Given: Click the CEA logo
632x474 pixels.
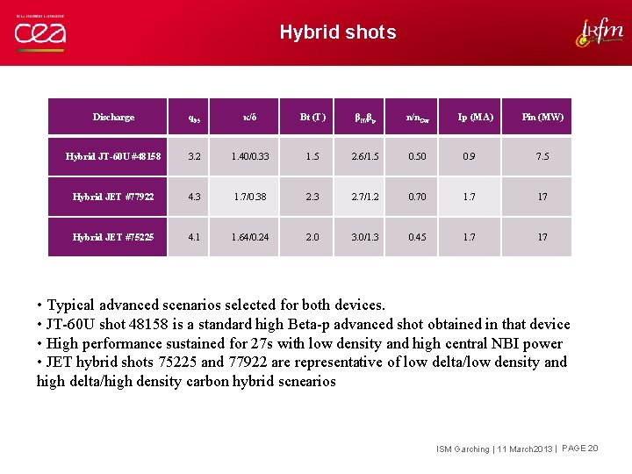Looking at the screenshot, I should point(39,32).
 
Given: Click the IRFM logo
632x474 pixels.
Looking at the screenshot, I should point(600,32).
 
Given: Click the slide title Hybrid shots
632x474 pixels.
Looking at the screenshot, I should point(338,32).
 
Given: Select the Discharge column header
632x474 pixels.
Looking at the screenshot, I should point(113,117).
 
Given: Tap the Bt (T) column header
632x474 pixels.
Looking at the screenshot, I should point(312,117).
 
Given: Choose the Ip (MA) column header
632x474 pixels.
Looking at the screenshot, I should point(476,117).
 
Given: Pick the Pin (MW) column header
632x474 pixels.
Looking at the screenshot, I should point(542,117).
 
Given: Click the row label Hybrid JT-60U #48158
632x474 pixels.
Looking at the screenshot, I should point(113,156).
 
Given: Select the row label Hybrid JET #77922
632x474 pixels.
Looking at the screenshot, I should point(113,197).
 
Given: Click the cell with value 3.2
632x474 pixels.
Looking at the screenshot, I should point(194,156).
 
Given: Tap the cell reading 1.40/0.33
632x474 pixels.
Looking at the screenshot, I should point(250,156).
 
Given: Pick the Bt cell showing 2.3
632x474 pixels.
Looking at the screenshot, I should point(312,197).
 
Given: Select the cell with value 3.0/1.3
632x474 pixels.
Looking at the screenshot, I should point(365,237).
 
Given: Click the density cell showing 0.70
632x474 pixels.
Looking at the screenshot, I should point(417,197).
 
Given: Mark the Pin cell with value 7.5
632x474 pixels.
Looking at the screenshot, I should point(542,156).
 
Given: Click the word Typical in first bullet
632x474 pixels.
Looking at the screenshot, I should point(74,305).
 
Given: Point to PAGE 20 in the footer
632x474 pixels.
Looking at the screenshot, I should point(580,449).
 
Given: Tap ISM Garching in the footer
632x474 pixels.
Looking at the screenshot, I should point(463,449).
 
